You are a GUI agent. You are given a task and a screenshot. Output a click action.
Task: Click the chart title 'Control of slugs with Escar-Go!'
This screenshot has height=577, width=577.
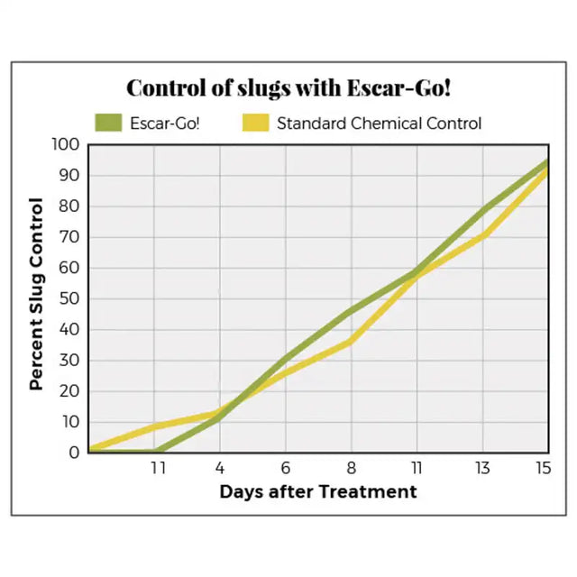point(288,88)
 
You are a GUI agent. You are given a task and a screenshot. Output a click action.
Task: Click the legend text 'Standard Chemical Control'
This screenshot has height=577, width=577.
point(379,123)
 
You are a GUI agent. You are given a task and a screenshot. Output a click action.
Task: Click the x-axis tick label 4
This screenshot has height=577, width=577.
point(220,468)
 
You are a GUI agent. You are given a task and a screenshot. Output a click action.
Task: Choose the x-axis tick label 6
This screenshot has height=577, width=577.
point(286,468)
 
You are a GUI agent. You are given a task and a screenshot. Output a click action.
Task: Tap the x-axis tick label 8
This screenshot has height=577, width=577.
point(351,468)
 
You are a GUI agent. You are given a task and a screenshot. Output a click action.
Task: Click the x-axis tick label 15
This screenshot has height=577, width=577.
point(543,468)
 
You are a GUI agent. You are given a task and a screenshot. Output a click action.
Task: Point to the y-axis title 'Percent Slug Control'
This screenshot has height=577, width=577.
point(36,294)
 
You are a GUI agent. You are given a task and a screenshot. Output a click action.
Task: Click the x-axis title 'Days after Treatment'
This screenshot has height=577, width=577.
point(318,492)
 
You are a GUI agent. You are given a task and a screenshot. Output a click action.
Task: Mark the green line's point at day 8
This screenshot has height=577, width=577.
point(351,311)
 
